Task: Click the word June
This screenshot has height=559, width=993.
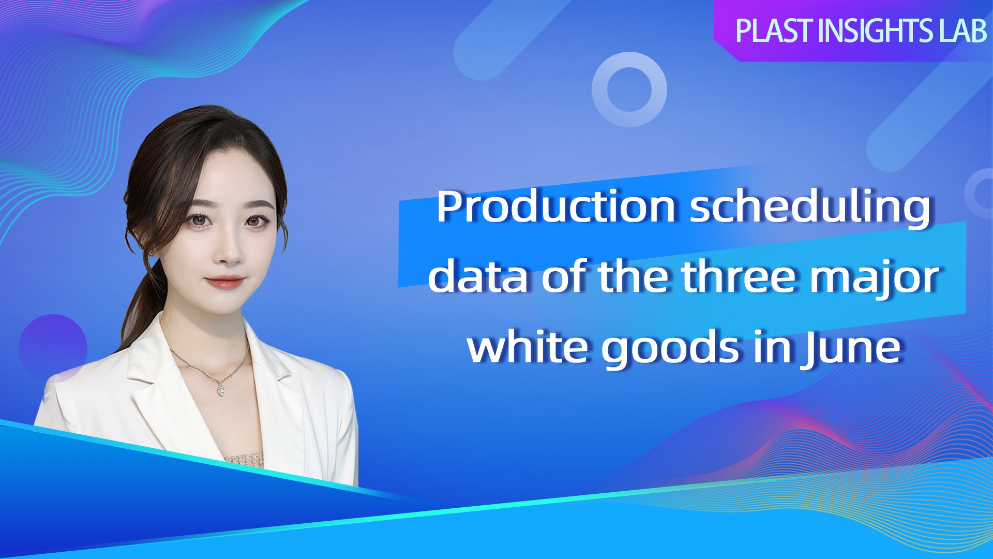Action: [851, 348]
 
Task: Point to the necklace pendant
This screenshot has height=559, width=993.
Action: [221, 390]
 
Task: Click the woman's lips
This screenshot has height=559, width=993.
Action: [225, 282]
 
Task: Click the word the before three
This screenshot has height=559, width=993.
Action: [638, 276]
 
